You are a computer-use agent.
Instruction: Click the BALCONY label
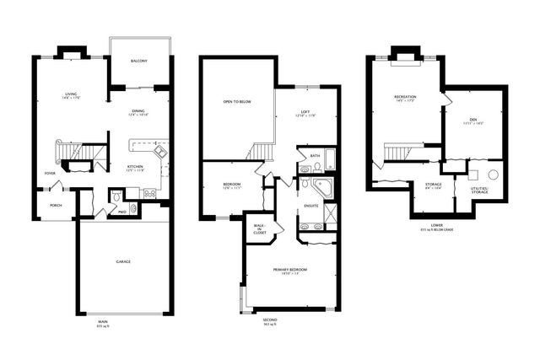[139, 62]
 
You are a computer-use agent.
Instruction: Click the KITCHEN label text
[136, 167]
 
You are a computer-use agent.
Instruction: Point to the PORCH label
[55, 204]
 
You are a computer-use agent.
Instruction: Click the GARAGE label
[123, 262]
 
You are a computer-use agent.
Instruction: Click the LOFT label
[305, 115]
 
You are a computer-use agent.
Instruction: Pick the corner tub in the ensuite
[321, 186]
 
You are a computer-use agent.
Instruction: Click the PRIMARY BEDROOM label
[289, 271]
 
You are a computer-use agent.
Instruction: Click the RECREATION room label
[405, 98]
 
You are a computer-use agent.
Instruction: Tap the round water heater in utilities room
[494, 175]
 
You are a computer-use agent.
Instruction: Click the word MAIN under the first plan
[103, 321]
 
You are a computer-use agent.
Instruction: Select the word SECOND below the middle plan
[269, 321]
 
